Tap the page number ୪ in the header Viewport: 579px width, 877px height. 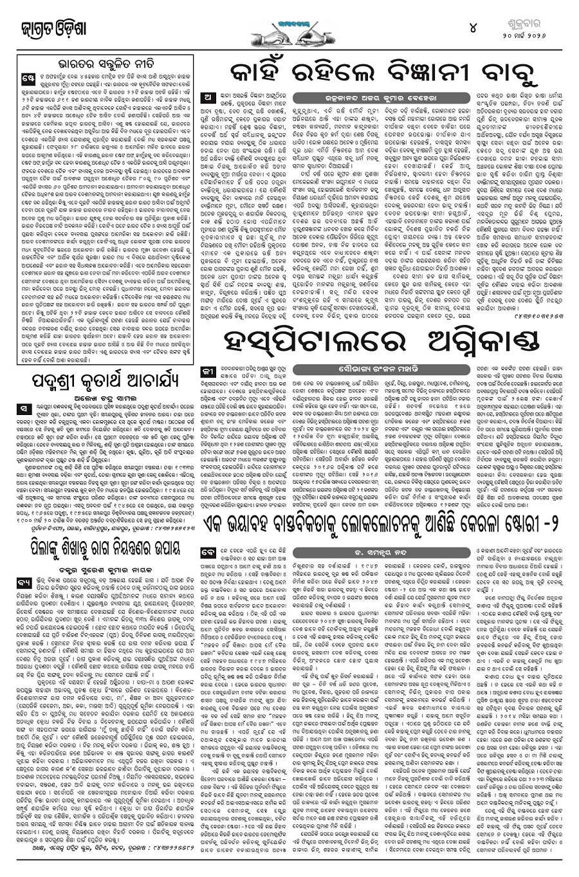tap(473, 29)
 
